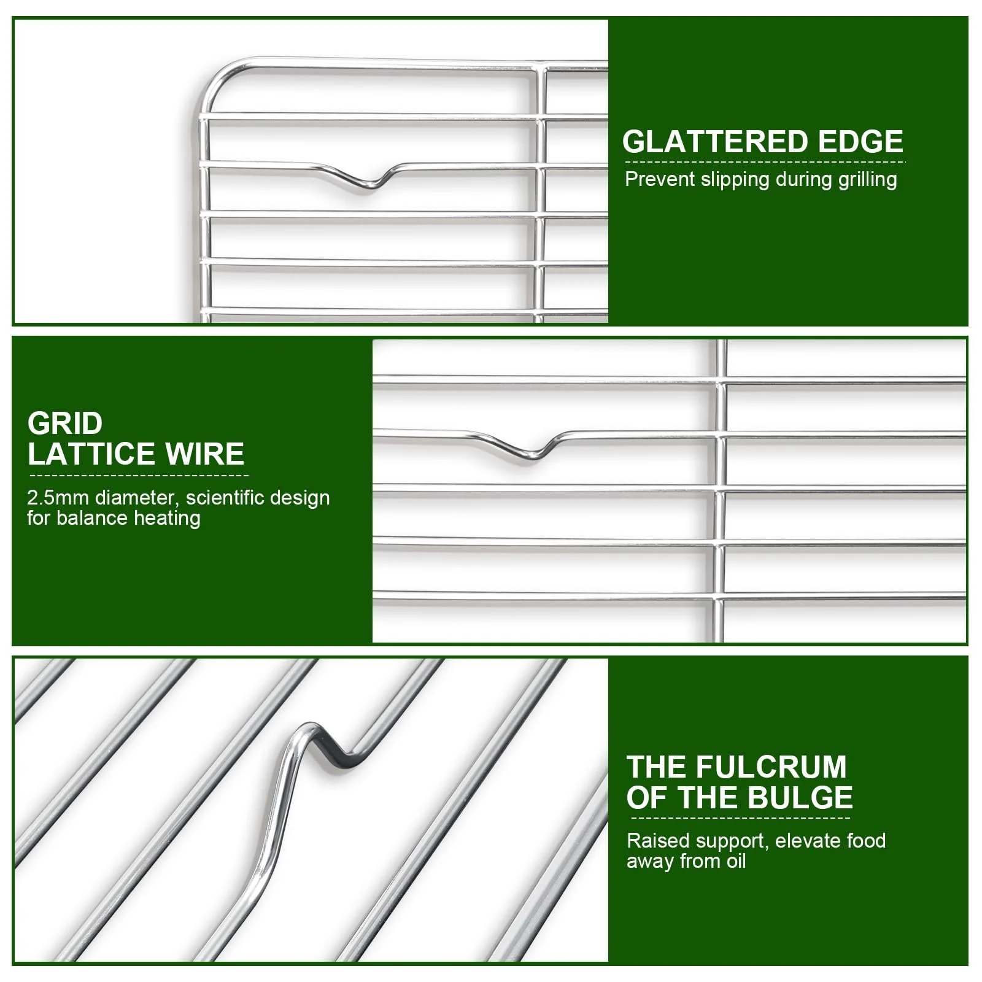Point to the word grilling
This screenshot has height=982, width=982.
pyautogui.click(x=867, y=180)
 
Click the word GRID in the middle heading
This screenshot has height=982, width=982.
pyautogui.click(x=65, y=423)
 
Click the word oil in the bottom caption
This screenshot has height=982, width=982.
pyautogui.click(x=735, y=861)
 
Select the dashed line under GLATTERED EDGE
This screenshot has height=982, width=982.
pyautogui.click(x=765, y=162)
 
